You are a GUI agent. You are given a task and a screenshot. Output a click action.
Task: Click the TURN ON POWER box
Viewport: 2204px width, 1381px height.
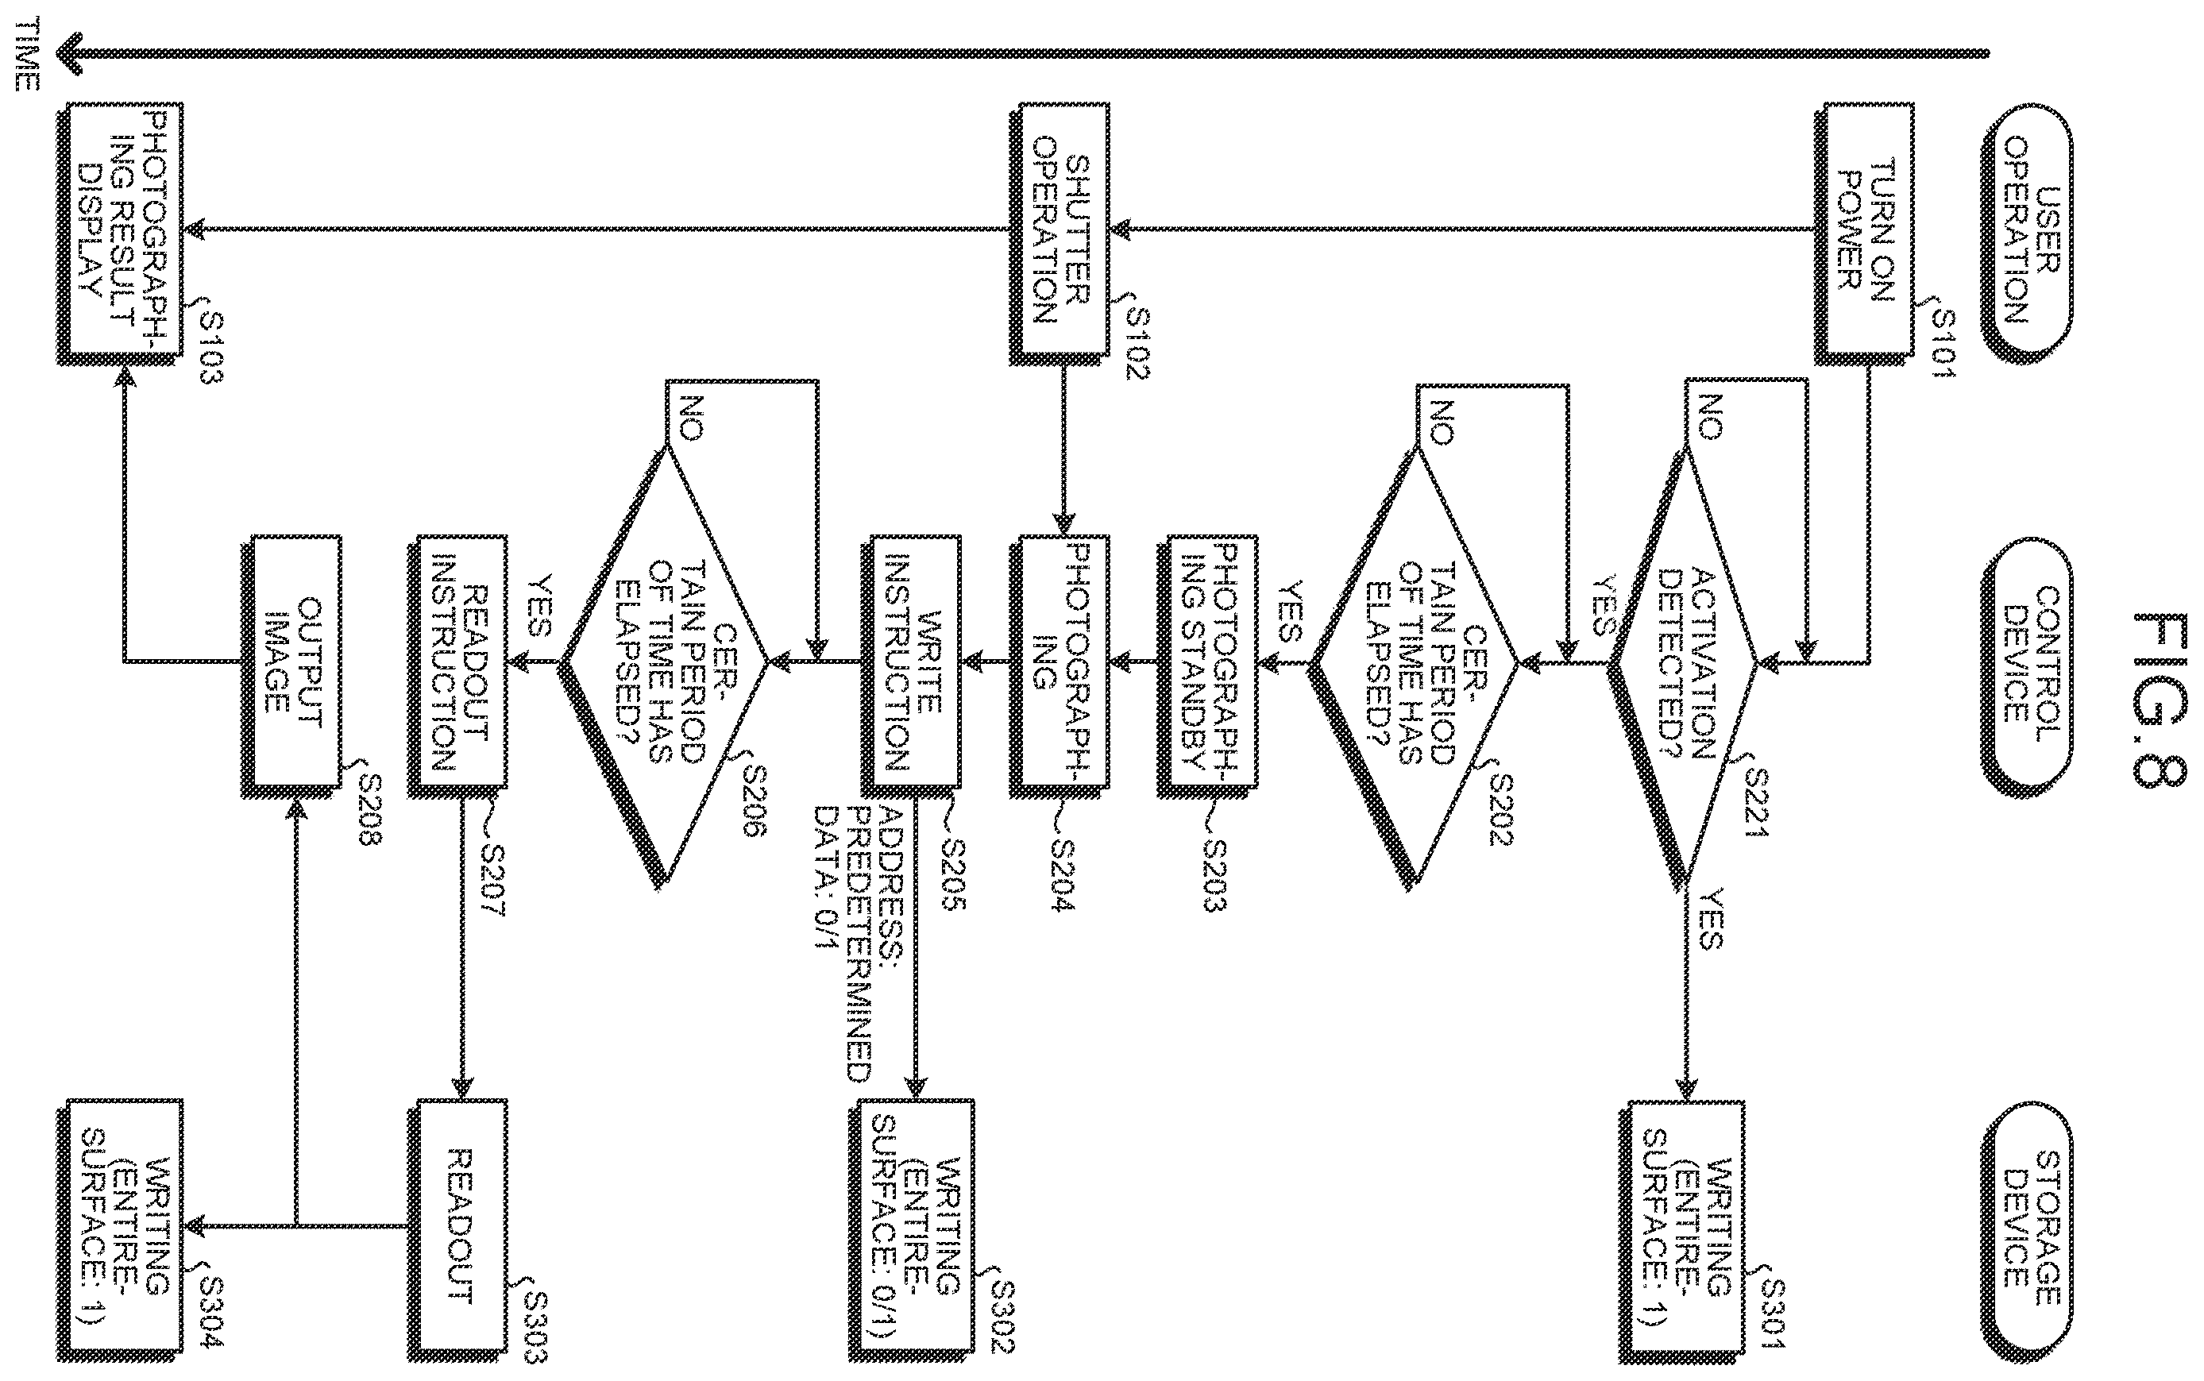point(1863,233)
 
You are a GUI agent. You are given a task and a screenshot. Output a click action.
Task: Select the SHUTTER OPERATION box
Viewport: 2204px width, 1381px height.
point(1060,233)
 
